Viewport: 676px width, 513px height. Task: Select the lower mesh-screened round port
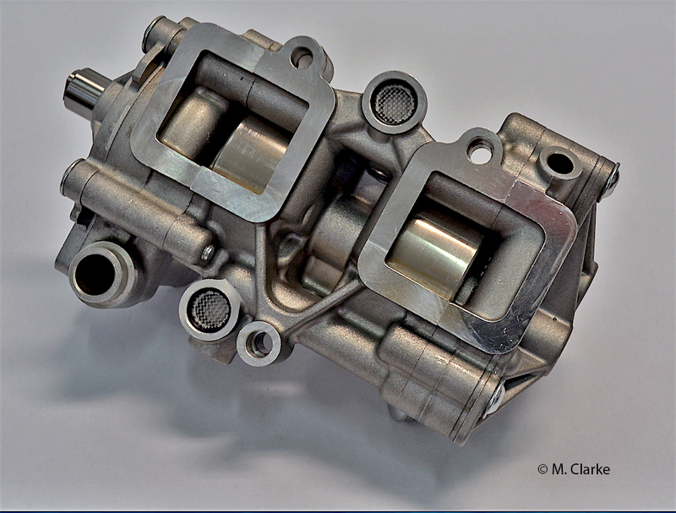coord(210,309)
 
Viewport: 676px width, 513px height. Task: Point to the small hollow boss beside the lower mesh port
coord(259,344)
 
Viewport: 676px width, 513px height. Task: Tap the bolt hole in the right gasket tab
coord(479,151)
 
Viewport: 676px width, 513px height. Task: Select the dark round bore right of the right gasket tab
coord(560,165)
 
